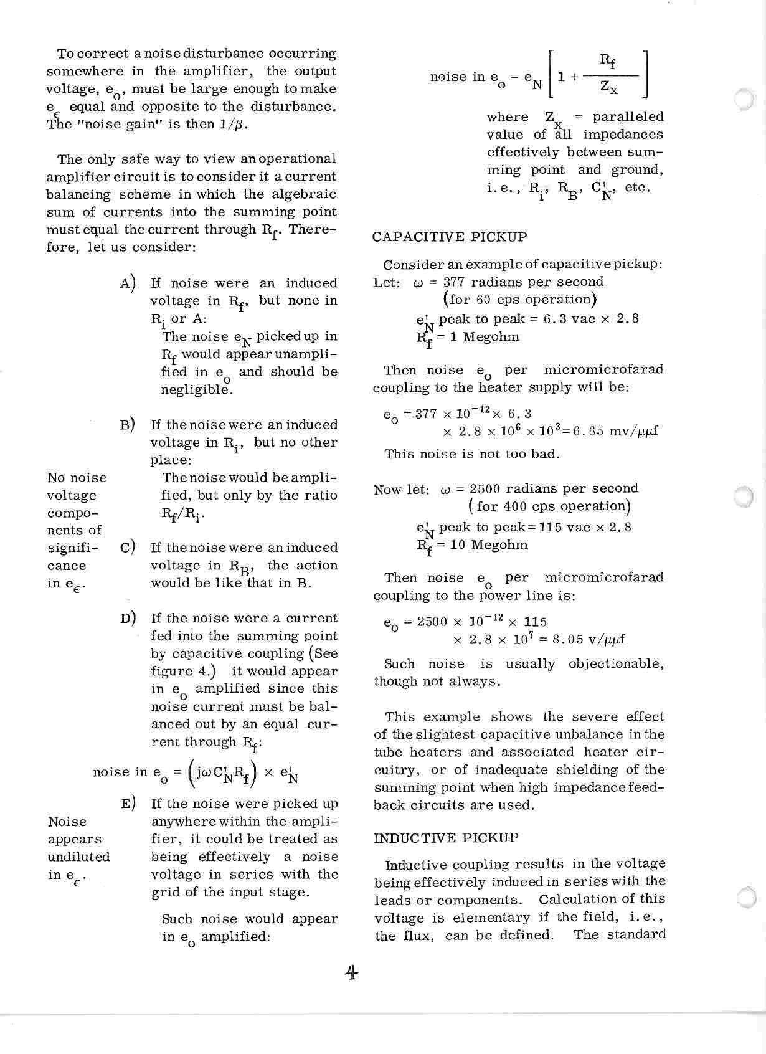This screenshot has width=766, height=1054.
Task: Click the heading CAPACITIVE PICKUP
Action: (449, 237)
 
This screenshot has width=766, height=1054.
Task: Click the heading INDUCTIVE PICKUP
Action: (445, 838)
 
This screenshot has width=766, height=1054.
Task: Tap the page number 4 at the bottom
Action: (351, 972)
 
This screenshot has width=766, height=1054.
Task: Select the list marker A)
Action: (128, 283)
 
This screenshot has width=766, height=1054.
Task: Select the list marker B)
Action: (128, 425)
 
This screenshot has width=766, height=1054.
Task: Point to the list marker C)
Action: (128, 548)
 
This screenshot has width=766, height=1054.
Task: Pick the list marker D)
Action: (128, 619)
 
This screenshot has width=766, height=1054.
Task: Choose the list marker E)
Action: (128, 804)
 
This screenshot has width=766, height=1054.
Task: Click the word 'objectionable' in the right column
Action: (616, 664)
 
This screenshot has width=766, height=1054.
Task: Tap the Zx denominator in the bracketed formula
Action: (609, 88)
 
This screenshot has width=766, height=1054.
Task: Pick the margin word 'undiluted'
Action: (78, 857)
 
